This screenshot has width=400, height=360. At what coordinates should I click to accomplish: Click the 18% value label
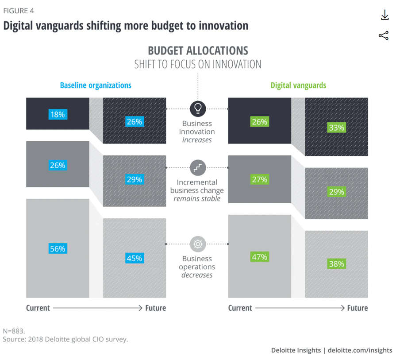[58, 114]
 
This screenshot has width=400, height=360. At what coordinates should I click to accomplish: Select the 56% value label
[58, 249]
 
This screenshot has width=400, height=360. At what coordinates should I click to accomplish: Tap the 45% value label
[134, 258]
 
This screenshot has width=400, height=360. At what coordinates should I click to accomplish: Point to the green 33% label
[336, 128]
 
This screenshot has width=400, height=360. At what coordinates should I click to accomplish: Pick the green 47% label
[260, 257]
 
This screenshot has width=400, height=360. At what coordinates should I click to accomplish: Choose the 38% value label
[336, 264]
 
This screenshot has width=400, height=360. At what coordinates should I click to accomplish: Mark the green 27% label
[260, 179]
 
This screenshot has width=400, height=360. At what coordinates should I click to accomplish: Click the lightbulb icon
[197, 108]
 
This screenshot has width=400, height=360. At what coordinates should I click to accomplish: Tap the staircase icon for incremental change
[197, 168]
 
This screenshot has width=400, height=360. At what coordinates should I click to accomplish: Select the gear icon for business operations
[197, 244]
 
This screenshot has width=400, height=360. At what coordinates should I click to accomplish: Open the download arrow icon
[385, 15]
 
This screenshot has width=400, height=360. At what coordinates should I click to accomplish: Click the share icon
[384, 36]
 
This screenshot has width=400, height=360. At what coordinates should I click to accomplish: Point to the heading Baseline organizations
[96, 85]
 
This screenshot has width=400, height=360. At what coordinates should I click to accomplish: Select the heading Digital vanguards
[298, 85]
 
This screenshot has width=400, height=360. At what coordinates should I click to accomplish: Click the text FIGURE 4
[19, 11]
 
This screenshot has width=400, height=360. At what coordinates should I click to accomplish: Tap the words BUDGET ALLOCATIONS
[198, 50]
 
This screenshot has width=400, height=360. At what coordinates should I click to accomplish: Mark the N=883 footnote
[14, 331]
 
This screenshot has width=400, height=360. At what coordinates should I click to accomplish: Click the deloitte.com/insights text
[360, 350]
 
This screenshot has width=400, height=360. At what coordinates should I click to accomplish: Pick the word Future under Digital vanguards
[357, 308]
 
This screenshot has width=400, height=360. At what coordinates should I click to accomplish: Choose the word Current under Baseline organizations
[38, 308]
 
